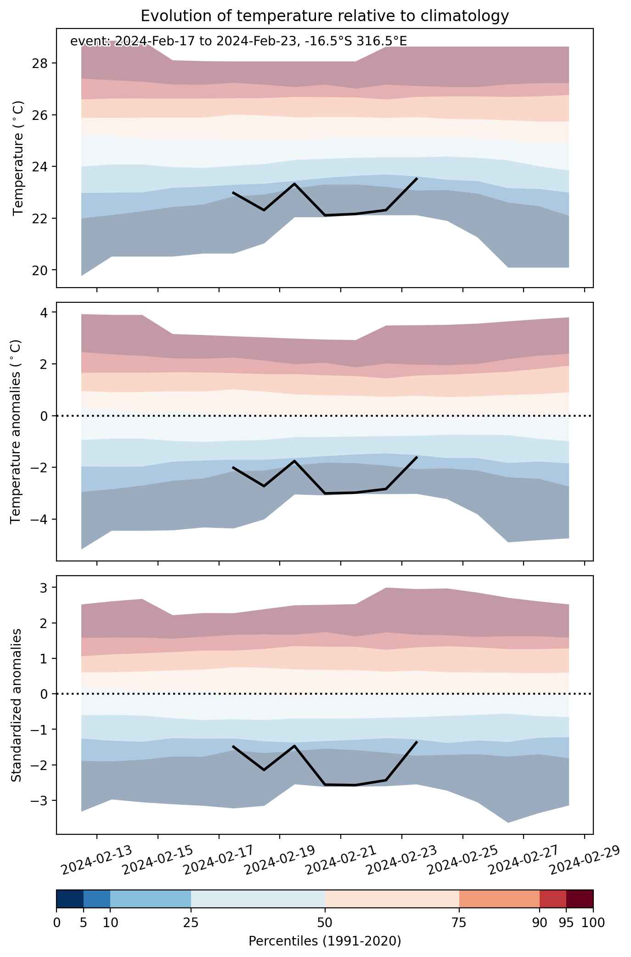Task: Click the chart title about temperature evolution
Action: tap(325, 16)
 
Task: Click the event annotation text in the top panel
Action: tap(238, 41)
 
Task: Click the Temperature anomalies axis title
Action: tap(16, 431)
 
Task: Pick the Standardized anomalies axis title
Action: tap(16, 705)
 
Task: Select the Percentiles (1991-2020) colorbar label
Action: tap(325, 941)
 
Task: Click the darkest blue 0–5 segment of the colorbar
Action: tap(70, 899)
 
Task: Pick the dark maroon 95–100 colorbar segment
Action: tap(580, 899)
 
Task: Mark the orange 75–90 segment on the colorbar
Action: tap(499, 899)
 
